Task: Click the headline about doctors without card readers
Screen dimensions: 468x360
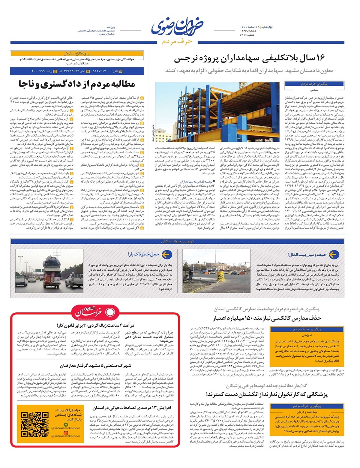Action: [x=267, y=394]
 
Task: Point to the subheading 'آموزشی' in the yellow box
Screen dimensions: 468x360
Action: [x=307, y=335]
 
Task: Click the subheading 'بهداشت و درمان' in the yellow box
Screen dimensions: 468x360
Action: [x=307, y=412]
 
